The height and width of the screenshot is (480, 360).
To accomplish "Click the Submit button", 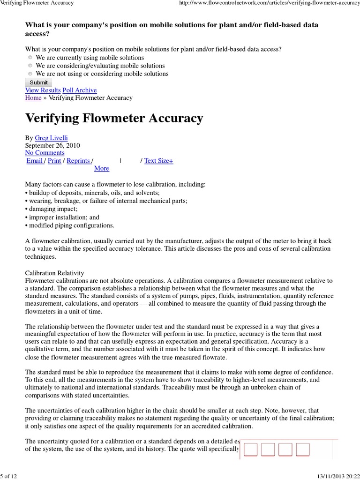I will [x=38, y=82].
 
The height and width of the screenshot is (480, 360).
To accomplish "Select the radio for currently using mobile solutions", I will [x=30, y=58].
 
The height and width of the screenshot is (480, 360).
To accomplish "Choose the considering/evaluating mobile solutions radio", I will [x=30, y=66].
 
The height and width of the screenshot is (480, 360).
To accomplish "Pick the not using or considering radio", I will [x=30, y=74].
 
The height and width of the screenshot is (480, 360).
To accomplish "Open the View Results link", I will [x=43, y=90].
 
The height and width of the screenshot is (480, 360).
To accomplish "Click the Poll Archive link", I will [x=80, y=90].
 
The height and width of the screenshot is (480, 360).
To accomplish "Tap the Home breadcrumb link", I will [x=33, y=97].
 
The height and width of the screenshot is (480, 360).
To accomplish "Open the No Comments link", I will [x=45, y=153].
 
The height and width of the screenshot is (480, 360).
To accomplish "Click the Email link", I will [x=35, y=161].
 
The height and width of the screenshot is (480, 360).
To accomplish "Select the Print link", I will [x=54, y=161].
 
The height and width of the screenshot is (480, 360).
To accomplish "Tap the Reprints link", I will [x=78, y=161].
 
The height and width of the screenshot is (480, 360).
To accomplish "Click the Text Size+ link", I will [x=158, y=161].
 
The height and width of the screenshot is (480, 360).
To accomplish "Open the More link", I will [x=101, y=168].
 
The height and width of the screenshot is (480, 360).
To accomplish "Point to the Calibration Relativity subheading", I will [x=54, y=273].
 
